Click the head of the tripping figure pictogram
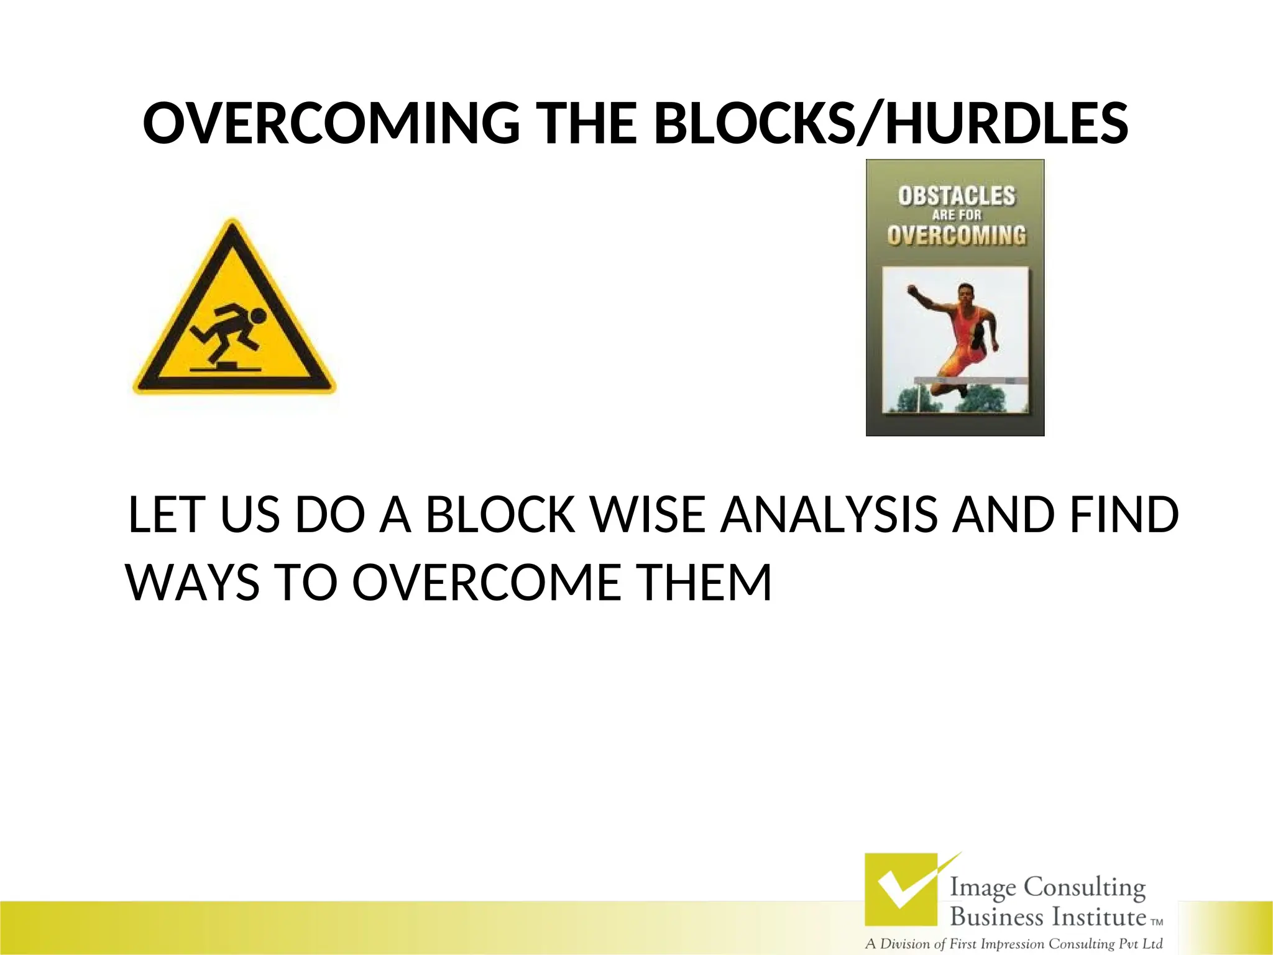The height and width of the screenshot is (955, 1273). pos(258,316)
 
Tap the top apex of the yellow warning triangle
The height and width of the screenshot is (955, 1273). pos(232,223)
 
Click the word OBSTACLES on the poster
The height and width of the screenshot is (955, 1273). pos(956,196)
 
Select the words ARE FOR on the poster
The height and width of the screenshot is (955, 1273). pos(956,215)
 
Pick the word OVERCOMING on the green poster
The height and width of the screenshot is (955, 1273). pos(956,236)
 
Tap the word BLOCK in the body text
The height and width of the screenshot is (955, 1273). pos(500,515)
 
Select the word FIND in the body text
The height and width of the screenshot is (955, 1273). pos(1124,515)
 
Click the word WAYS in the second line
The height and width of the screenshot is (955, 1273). pos(193,583)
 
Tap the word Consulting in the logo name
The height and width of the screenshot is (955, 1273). pos(1084,887)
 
